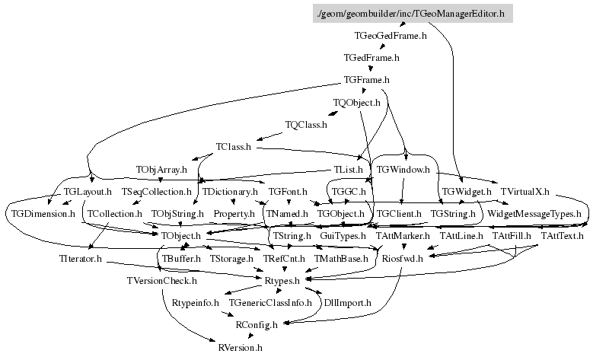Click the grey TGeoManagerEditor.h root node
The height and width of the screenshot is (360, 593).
pos(410,14)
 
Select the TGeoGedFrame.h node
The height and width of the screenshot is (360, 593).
pos(391,35)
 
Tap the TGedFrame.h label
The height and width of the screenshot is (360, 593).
pos(371,57)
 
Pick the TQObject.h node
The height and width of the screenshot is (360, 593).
pos(356,102)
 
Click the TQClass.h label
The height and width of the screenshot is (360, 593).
pos(305,124)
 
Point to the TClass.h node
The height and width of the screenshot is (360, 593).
pos(233,146)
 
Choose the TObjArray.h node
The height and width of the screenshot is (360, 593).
pos(161,168)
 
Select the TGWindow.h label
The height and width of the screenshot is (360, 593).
pos(403,168)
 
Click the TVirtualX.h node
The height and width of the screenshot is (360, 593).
pos(524,191)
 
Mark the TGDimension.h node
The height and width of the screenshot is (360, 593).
pos(43,214)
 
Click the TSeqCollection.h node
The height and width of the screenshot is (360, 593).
pos(156,191)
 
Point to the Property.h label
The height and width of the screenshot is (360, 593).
pos(234,214)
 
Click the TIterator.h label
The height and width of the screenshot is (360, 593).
pos(80,259)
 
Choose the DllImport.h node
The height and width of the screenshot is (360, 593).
pos(348,303)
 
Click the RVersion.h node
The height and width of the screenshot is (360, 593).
pos(240,348)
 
